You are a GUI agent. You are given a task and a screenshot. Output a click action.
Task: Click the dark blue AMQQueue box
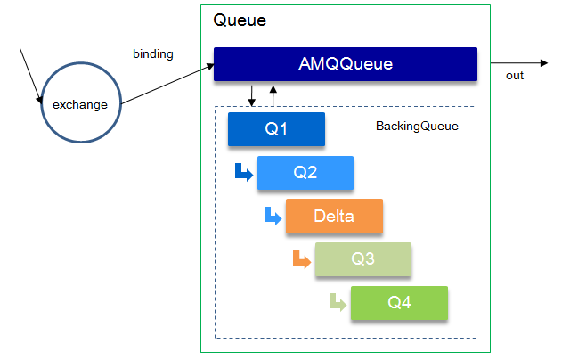coord(345,64)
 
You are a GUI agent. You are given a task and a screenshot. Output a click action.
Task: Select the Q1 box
coord(276,129)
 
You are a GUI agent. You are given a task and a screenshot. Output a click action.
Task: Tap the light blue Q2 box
coord(305,173)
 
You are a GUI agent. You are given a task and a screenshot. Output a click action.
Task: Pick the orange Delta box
coord(334,216)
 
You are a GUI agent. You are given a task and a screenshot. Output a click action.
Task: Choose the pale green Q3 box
coord(362,259)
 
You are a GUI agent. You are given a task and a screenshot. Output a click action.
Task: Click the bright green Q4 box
coord(399,303)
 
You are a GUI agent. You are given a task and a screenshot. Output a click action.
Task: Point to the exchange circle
coord(80,105)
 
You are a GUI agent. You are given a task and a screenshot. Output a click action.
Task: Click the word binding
coord(152,54)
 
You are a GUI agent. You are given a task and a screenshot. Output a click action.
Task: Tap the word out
coord(515,76)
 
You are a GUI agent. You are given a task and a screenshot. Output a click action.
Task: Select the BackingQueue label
coord(417,127)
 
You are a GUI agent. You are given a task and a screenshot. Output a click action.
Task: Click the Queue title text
coord(240,20)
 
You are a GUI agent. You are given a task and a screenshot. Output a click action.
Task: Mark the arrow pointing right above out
coord(514,63)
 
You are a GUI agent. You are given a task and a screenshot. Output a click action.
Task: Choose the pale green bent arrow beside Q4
coord(337,302)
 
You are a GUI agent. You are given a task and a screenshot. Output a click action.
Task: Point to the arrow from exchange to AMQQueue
coord(168,80)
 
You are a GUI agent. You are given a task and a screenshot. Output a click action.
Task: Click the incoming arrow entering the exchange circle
coord(29,76)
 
